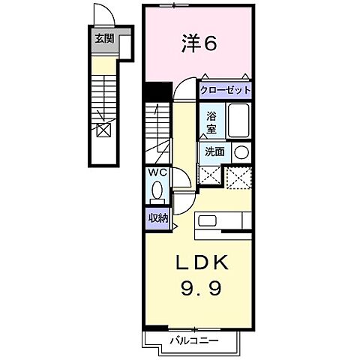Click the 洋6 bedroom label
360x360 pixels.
pyautogui.click(x=199, y=44)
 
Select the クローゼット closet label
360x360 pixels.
pyautogui.click(x=225, y=91)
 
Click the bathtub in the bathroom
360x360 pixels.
pyautogui.click(x=238, y=121)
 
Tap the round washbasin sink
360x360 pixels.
pyautogui.click(x=241, y=151)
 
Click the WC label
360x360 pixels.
pyautogui.click(x=158, y=172)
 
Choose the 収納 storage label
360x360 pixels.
pyautogui.click(x=157, y=218)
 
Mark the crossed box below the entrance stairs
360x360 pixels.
pyautogui.click(x=103, y=130)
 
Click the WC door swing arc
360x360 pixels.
pyautogui.click(x=181, y=179)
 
